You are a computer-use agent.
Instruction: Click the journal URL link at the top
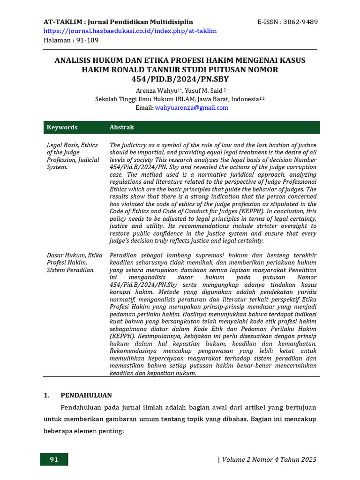[130, 31]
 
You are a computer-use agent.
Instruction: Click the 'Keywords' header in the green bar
[62, 127]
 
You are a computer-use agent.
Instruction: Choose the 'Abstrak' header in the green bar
[121, 127]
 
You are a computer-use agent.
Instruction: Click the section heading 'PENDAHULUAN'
[86, 395]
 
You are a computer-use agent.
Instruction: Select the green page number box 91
[54, 459]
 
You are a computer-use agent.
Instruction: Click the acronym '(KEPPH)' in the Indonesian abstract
[124, 336]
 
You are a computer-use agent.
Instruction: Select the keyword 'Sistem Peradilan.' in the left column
[71, 270]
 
